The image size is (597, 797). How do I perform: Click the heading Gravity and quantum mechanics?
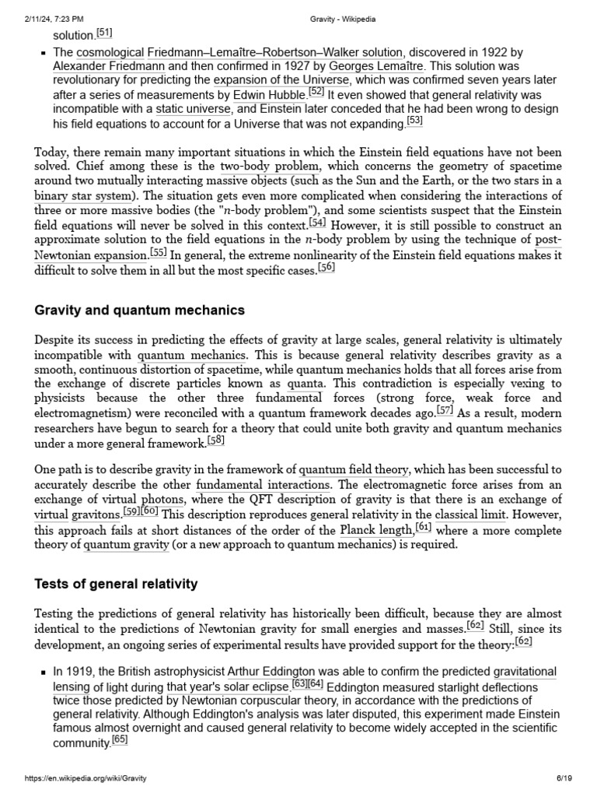140,310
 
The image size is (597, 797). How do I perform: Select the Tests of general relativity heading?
117,584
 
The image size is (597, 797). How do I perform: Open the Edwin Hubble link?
269,96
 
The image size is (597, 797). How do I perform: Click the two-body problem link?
258,167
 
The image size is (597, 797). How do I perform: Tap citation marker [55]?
159,253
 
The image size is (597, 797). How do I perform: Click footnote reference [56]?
326,267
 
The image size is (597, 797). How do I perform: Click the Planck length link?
376,530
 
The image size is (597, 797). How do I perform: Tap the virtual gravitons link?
77,515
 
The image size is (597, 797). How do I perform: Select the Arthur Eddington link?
271,671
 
